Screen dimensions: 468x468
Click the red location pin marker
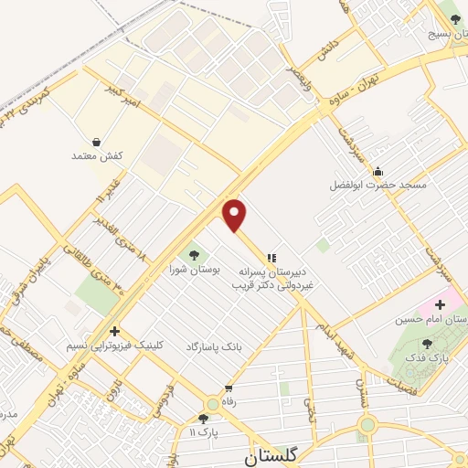[x=235, y=215]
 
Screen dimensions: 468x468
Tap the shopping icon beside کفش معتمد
[x=97, y=142]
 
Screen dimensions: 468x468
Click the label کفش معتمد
[x=97, y=156]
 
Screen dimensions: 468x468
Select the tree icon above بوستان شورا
[x=193, y=254]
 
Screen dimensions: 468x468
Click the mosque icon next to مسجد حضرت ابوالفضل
[x=378, y=171]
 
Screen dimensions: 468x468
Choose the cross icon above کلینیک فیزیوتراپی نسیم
[x=113, y=332]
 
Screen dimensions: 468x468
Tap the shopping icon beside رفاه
[x=212, y=402]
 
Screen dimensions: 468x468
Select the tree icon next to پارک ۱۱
[x=202, y=419]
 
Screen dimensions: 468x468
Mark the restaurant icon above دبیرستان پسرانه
[x=271, y=257]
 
